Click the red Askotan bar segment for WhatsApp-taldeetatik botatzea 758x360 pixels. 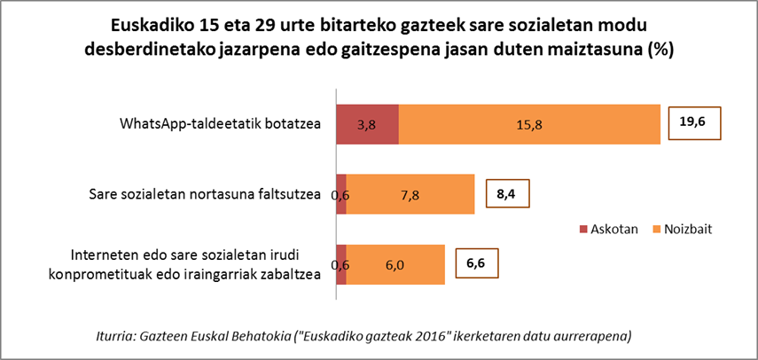click(367, 124)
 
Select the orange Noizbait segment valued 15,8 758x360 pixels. click(529, 124)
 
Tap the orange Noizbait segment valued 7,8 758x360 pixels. click(410, 194)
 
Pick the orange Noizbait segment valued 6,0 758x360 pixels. click(395, 264)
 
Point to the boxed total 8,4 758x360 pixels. click(505, 193)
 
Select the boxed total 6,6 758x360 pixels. click(475, 262)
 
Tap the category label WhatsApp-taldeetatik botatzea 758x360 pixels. click(220, 123)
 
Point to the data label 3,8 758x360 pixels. click(367, 124)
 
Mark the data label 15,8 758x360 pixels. click(529, 124)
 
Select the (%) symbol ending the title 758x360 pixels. click(660, 50)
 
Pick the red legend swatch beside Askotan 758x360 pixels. click(583, 229)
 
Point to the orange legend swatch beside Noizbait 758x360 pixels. click(656, 229)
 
